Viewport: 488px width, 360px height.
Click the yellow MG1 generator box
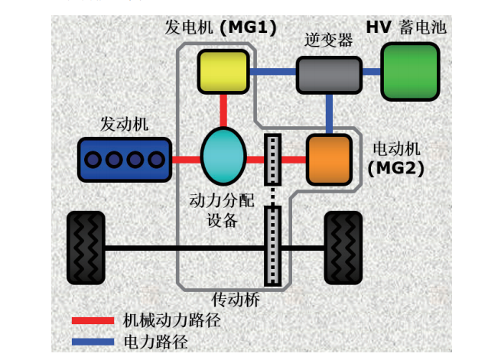[223, 72]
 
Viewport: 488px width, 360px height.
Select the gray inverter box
[329, 75]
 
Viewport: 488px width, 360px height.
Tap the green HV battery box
[410, 72]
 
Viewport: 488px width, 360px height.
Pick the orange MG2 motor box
[329, 160]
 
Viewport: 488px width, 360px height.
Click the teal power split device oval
[223, 157]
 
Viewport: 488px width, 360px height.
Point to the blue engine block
[125, 160]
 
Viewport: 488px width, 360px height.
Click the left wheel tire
[86, 248]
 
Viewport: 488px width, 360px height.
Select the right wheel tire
[343, 248]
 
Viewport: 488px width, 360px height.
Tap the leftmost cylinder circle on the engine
[93, 160]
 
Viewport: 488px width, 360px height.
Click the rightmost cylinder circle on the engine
[156, 160]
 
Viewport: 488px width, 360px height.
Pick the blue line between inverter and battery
[372, 72]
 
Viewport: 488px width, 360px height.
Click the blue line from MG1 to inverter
[272, 72]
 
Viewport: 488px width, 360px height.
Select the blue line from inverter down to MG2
[329, 114]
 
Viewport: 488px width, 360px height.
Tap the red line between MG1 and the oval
[223, 111]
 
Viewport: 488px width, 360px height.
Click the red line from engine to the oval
[186, 160]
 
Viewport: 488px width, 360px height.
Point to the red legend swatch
[93, 320]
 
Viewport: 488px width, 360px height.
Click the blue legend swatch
[93, 342]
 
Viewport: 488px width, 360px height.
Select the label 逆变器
[328, 40]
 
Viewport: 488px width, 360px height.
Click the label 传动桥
[236, 300]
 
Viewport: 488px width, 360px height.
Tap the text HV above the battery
[379, 27]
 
